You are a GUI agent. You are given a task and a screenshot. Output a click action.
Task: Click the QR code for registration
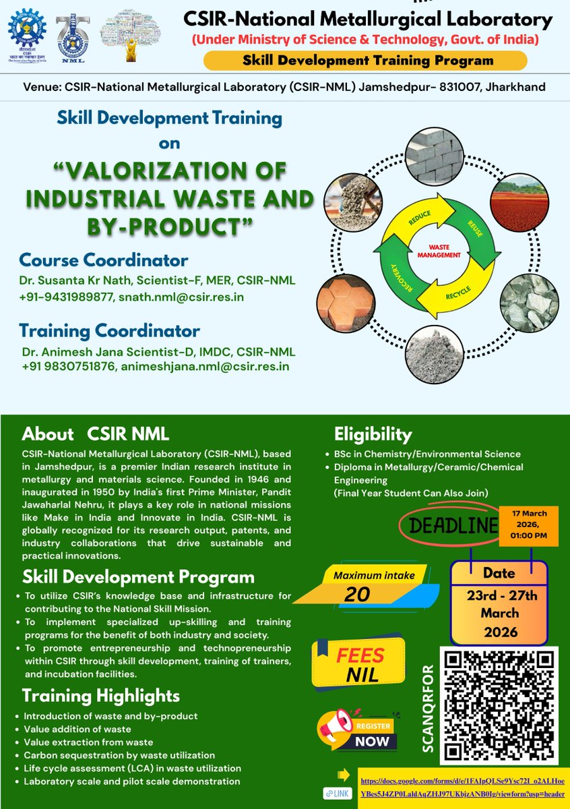[499, 704]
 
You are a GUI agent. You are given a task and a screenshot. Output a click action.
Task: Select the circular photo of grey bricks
[441, 157]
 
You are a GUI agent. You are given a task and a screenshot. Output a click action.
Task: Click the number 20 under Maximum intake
[356, 595]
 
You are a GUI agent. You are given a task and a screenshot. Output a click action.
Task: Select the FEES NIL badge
[358, 663]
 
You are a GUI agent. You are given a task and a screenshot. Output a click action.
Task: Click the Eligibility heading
[373, 434]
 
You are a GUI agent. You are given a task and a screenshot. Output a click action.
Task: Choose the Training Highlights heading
[101, 695]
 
